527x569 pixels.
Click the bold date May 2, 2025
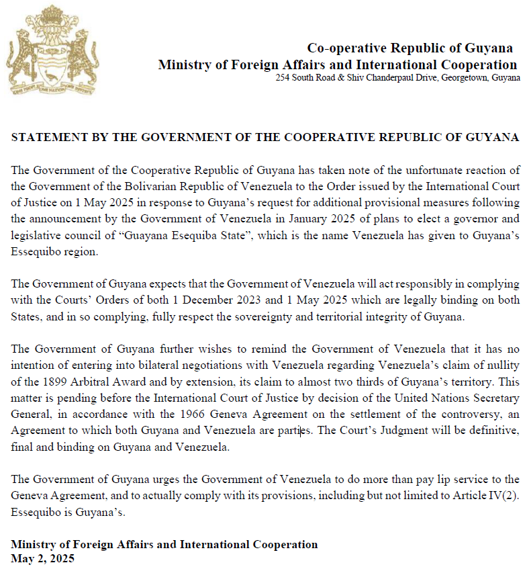43,558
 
